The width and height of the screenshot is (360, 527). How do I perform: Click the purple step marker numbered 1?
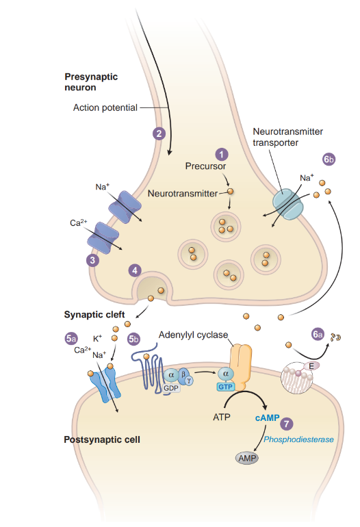[x=222, y=154]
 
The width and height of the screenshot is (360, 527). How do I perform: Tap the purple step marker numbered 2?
[x=159, y=133]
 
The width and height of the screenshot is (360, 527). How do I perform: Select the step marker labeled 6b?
[x=329, y=159]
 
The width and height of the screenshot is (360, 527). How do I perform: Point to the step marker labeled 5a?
[x=71, y=339]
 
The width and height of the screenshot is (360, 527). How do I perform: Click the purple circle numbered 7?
[x=286, y=424]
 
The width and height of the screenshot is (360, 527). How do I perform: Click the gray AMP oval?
[x=247, y=458]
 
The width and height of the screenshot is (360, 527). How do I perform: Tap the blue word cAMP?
[x=267, y=417]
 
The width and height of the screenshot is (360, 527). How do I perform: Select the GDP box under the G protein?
[x=170, y=388]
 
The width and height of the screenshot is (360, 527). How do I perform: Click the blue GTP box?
[x=225, y=387]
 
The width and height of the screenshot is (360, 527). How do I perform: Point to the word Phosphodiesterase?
[x=298, y=439]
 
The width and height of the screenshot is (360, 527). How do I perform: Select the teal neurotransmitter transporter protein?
[x=287, y=204]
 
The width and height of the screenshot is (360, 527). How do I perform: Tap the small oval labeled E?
[x=311, y=366]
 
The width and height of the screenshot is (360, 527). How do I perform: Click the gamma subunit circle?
[x=190, y=381]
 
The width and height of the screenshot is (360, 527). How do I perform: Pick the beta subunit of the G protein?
[x=183, y=374]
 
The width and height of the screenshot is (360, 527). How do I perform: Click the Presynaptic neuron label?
[x=91, y=82]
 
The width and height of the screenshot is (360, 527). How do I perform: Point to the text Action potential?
[x=105, y=107]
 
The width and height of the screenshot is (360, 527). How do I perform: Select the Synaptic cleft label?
[x=94, y=315]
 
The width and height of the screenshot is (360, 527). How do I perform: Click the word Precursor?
[x=205, y=166]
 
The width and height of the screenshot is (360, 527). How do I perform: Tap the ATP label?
[x=222, y=417]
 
